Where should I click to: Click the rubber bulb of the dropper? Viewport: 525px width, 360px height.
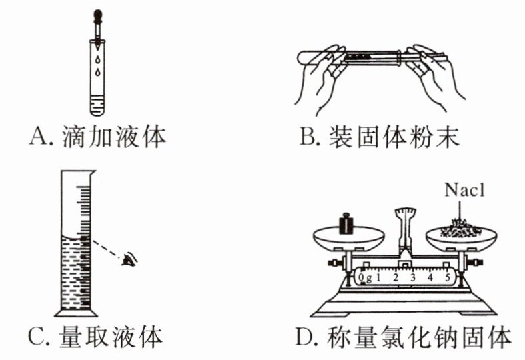click(98, 13)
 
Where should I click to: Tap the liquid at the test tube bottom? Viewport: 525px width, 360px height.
click(97, 105)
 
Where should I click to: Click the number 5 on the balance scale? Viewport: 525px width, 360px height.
click(448, 276)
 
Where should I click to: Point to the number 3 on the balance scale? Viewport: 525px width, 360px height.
click(413, 276)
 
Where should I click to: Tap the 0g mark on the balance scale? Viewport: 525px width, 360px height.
click(365, 275)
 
